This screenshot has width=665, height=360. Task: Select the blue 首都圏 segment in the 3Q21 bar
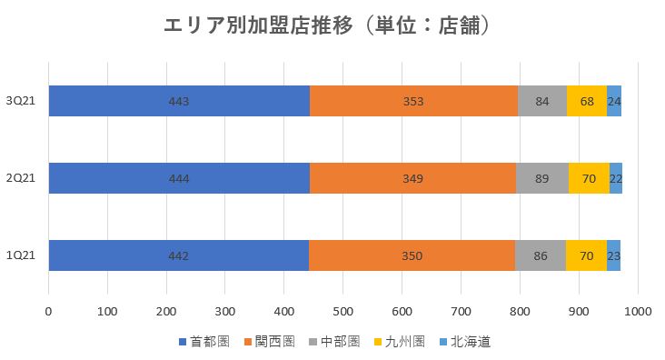pos(179,101)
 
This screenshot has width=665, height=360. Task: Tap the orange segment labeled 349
pos(412,178)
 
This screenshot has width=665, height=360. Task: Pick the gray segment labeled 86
pos(540,255)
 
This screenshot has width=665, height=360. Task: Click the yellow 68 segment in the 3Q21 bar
pos(586,101)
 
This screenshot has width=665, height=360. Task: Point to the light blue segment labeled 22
pos(615,178)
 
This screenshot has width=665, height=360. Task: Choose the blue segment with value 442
pos(178,255)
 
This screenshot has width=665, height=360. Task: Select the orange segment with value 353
pos(413,101)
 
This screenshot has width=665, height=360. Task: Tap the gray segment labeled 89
pos(541,178)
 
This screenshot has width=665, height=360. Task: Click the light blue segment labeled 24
pos(614,101)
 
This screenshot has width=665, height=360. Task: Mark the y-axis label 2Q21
pos(20,178)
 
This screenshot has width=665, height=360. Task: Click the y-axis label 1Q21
pos(20,255)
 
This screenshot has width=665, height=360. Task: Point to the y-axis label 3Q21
pos(20,101)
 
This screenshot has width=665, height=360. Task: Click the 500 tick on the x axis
pos(343,312)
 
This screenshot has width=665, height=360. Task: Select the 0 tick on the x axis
pos(48,312)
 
